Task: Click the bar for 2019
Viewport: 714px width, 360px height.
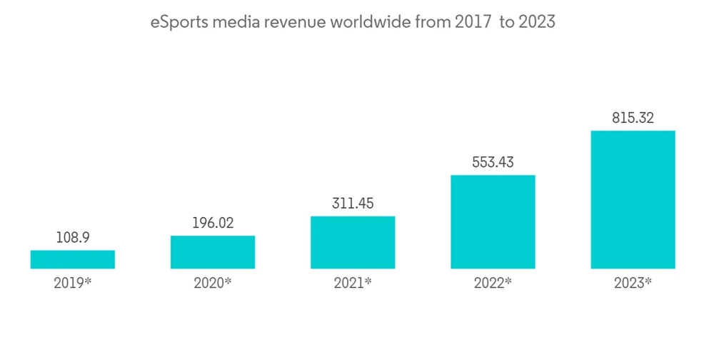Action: point(73,259)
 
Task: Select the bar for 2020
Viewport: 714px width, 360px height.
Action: point(213,252)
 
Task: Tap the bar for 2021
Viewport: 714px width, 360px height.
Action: point(353,242)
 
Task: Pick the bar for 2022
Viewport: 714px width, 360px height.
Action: point(493,221)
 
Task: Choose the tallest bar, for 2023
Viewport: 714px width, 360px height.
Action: point(633,199)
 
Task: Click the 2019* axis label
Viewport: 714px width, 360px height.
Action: point(73,283)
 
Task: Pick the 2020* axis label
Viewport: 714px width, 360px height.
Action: point(213,283)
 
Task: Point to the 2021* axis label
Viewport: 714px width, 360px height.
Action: point(353,283)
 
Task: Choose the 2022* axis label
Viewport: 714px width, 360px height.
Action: point(493,283)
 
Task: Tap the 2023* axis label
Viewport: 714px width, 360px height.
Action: point(633,283)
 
